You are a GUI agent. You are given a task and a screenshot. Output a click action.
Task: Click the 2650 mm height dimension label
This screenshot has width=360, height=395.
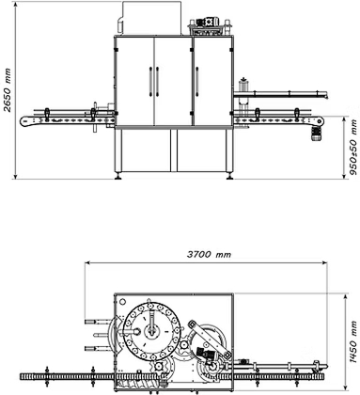8,90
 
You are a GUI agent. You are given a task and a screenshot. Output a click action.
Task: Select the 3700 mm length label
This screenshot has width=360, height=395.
209,254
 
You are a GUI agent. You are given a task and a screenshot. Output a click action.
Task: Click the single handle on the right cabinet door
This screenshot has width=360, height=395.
197,81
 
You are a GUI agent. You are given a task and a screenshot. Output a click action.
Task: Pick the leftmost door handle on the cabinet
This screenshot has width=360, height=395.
150,81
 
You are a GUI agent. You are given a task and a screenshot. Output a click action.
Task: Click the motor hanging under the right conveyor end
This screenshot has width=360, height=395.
316,134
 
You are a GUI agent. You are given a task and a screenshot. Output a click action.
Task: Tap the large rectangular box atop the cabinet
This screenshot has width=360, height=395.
151,18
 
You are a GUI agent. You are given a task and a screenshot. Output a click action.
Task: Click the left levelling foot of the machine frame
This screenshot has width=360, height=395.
118,176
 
